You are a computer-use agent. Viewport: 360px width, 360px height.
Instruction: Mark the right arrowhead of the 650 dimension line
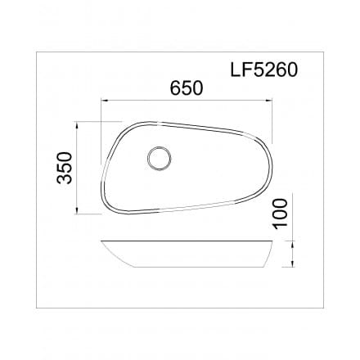point(271,101)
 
